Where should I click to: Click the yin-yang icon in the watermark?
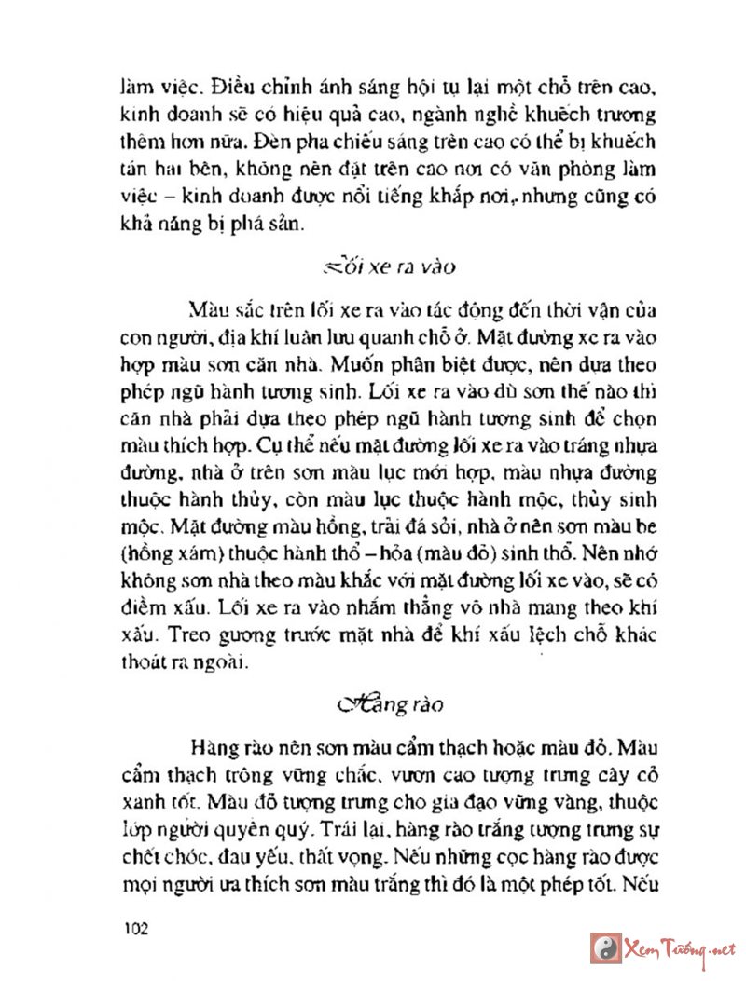606,948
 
